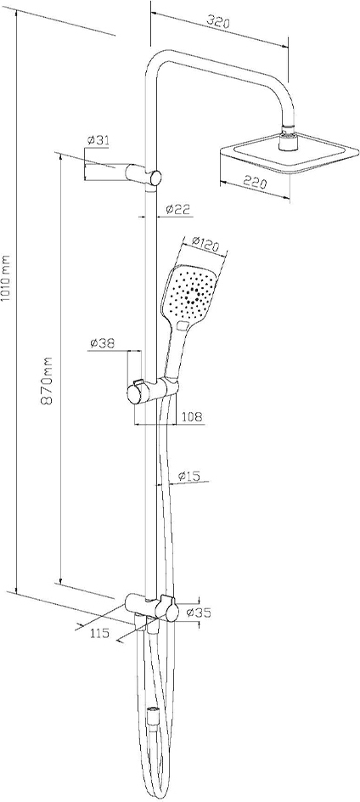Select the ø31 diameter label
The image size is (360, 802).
pyautogui.click(x=98, y=140)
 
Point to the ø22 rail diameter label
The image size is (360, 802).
pyautogui.click(x=178, y=209)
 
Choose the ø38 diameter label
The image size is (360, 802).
pyautogui.click(x=101, y=344)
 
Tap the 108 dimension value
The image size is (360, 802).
pyautogui.click(x=192, y=417)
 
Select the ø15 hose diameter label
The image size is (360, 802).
pyautogui.click(x=188, y=476)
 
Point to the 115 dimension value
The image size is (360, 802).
pyautogui.click(x=99, y=633)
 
